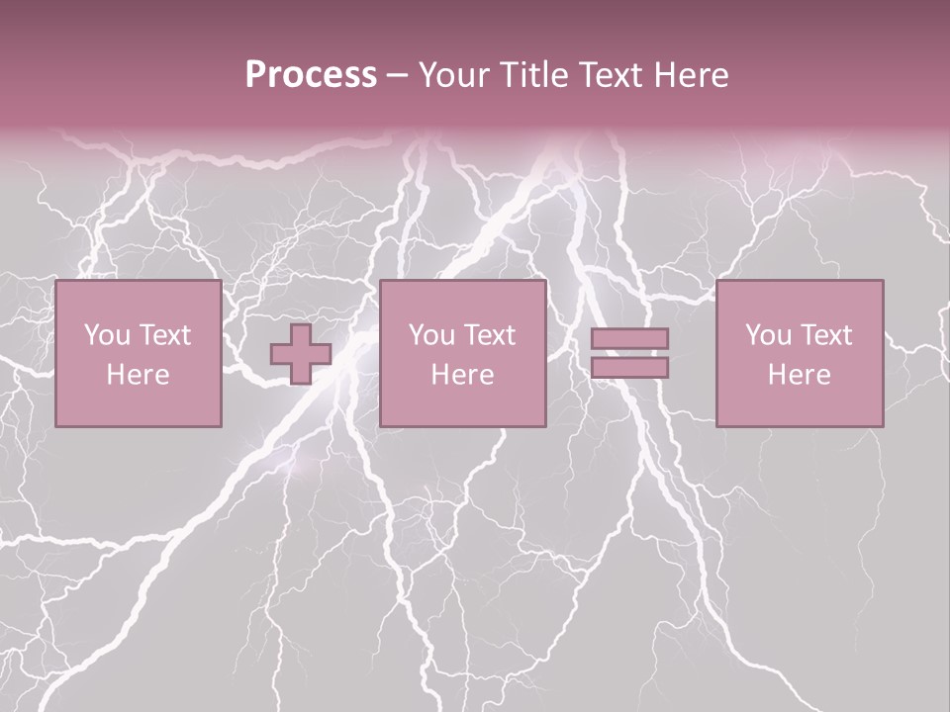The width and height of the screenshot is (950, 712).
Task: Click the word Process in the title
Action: pyautogui.click(x=311, y=75)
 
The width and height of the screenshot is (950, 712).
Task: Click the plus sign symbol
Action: pyautogui.click(x=301, y=354)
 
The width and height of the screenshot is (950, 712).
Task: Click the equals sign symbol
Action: pyautogui.click(x=629, y=353)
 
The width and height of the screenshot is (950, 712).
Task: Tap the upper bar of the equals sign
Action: pyautogui.click(x=629, y=339)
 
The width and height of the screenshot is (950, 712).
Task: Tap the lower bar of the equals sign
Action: pyautogui.click(x=629, y=368)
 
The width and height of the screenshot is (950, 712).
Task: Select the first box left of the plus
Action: pyautogui.click(x=138, y=353)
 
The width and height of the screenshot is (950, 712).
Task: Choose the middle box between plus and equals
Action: pyautogui.click(x=462, y=353)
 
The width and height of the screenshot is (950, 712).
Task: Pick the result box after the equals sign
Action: pyautogui.click(x=800, y=353)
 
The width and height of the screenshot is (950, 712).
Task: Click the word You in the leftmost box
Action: pyautogui.click(x=107, y=335)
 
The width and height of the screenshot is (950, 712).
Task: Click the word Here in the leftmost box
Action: pyautogui.click(x=138, y=375)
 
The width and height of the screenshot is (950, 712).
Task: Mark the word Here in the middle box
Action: pyautogui.click(x=462, y=375)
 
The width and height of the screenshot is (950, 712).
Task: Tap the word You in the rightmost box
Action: pyautogui.click(x=768, y=335)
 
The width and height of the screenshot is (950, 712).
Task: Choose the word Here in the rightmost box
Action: pyautogui.click(x=800, y=375)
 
